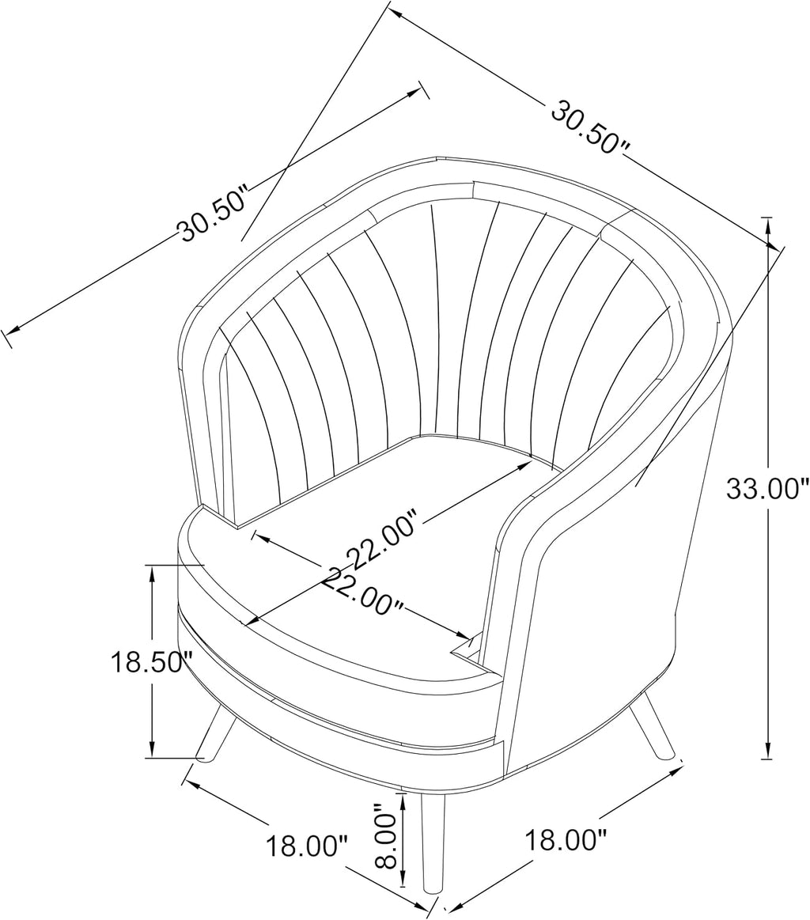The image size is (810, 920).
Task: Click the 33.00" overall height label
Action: click(763, 488)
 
